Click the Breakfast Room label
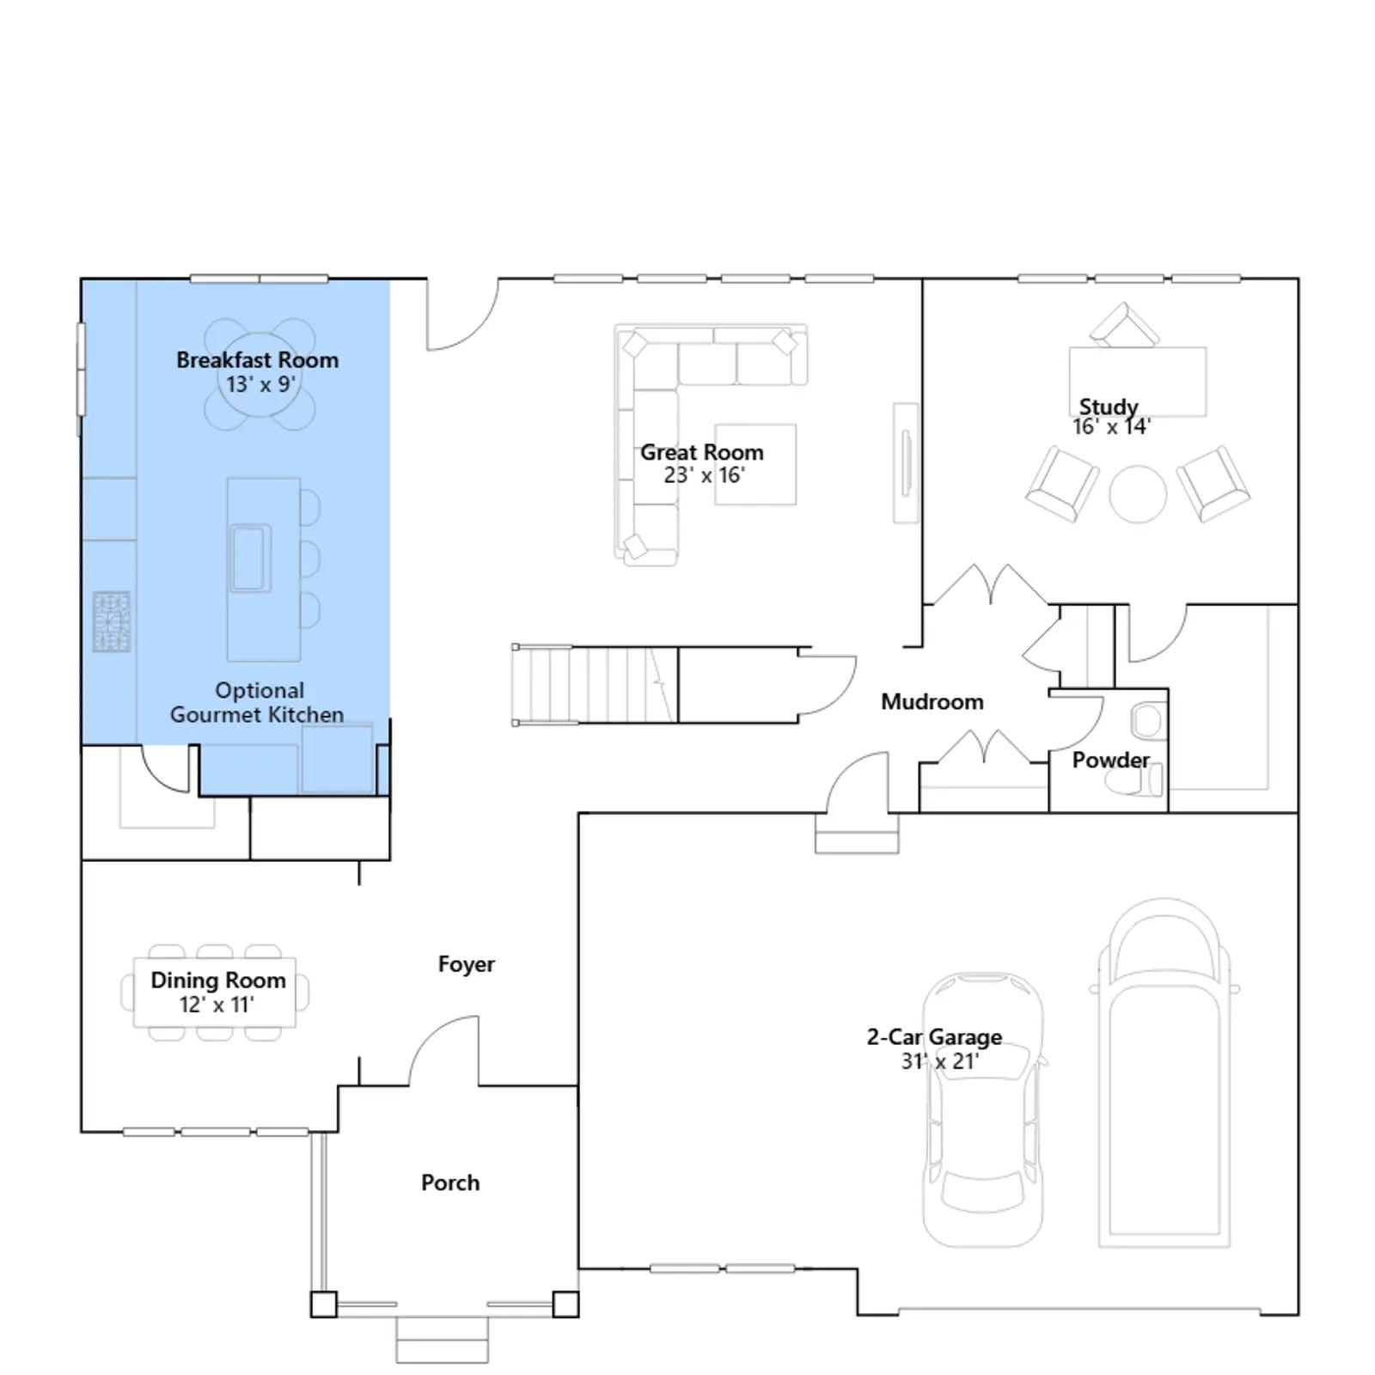[x=257, y=360]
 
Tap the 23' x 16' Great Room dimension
[x=704, y=475]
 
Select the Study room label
[x=1109, y=406]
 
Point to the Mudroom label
[x=932, y=702]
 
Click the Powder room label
[x=1110, y=761]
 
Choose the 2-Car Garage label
[x=934, y=1037]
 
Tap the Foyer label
[x=467, y=964]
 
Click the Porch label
[x=450, y=1182]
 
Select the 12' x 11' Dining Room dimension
[x=217, y=1005]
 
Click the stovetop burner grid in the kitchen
[x=112, y=621]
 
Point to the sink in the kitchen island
[x=249, y=558]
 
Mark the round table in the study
[x=1138, y=494]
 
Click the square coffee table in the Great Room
[x=755, y=464]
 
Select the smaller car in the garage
[x=983, y=1109]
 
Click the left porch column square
[x=324, y=1305]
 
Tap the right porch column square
[x=565, y=1305]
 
